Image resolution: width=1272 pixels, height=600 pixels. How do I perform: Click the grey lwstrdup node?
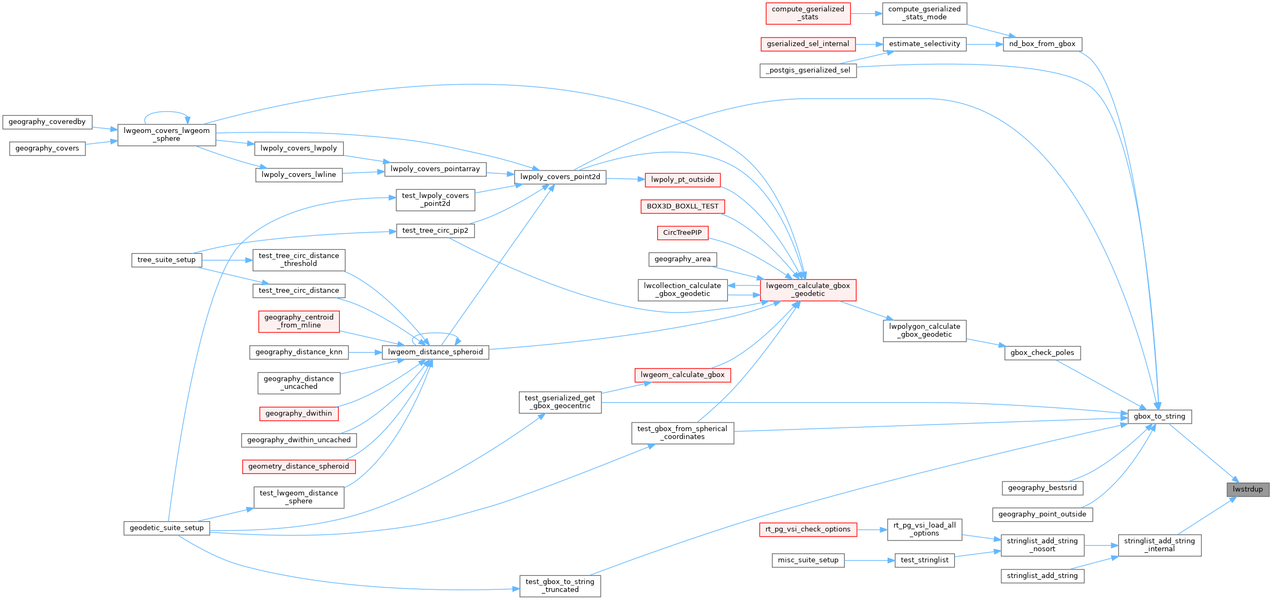[1248, 489]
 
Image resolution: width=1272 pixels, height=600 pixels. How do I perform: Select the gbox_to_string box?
[1159, 417]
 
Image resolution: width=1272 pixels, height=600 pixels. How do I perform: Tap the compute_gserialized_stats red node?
[808, 13]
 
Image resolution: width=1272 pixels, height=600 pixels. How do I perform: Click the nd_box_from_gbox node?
[1042, 44]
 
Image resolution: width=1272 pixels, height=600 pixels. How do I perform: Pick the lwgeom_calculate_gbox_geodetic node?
[808, 290]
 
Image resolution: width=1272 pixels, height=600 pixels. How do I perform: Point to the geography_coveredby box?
[47, 122]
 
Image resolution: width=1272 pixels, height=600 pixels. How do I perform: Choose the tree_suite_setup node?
[167, 260]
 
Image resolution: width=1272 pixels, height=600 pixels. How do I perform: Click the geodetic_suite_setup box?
[167, 528]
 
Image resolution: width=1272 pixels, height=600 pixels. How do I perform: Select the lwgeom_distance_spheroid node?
[435, 352]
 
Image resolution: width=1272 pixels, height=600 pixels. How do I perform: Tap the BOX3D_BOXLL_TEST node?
[682, 206]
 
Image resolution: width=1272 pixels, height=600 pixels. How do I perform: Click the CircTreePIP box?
[682, 233]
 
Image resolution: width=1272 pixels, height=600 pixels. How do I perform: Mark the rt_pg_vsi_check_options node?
[808, 529]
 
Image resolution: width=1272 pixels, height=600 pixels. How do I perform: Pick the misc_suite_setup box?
[808, 560]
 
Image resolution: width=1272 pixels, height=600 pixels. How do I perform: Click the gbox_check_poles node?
[1042, 353]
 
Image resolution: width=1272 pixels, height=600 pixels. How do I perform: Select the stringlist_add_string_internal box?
[1159, 545]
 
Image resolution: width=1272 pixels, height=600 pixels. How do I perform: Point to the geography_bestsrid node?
[1042, 488]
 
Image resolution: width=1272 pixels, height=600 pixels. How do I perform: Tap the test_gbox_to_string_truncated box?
[560, 586]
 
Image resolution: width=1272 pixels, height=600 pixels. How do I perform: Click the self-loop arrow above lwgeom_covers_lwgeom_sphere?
[166, 112]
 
